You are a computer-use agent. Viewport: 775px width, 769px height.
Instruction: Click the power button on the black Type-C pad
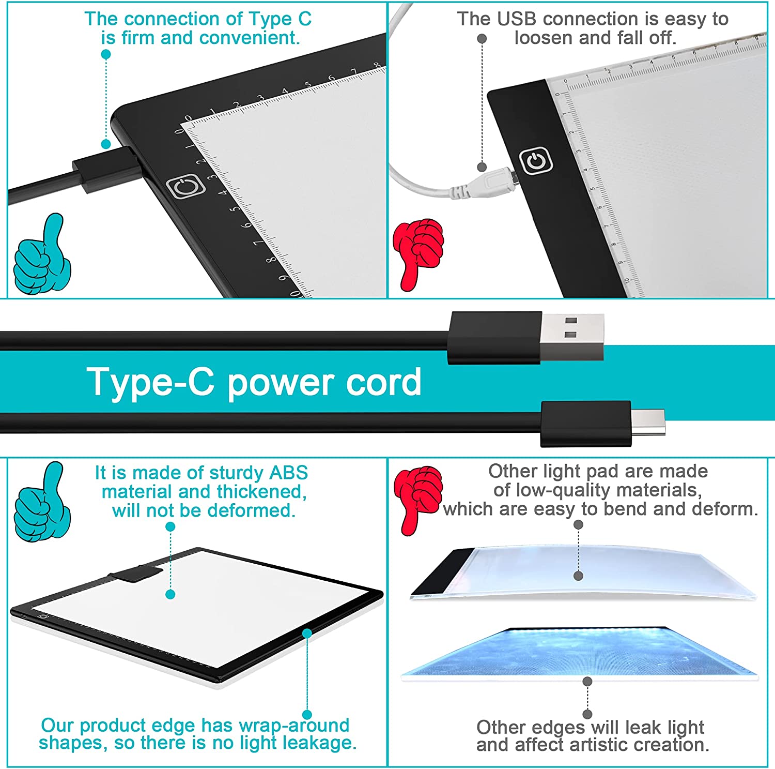[185, 186]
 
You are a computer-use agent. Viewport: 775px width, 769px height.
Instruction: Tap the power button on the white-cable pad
[536, 161]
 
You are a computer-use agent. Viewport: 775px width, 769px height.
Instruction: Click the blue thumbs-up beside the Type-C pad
[42, 254]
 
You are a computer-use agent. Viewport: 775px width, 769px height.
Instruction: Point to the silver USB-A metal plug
[572, 337]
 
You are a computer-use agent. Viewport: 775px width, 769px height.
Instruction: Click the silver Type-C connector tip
[648, 422]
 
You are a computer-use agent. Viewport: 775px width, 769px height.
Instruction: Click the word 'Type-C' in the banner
[150, 382]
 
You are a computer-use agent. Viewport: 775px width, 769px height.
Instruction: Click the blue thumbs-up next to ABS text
[42, 502]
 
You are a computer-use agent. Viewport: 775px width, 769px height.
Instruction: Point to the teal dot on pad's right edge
[307, 634]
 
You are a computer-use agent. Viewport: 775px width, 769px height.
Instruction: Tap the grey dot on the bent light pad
[579, 576]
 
